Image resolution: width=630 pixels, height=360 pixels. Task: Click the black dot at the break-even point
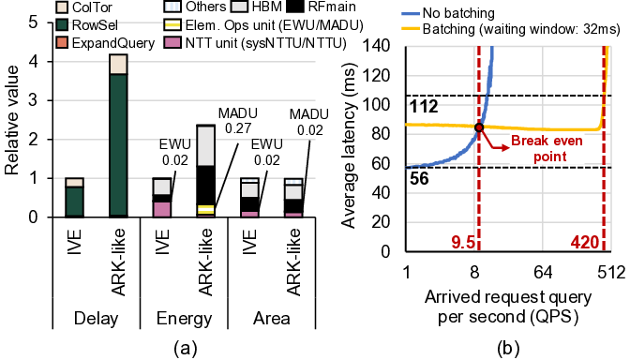(479, 127)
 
